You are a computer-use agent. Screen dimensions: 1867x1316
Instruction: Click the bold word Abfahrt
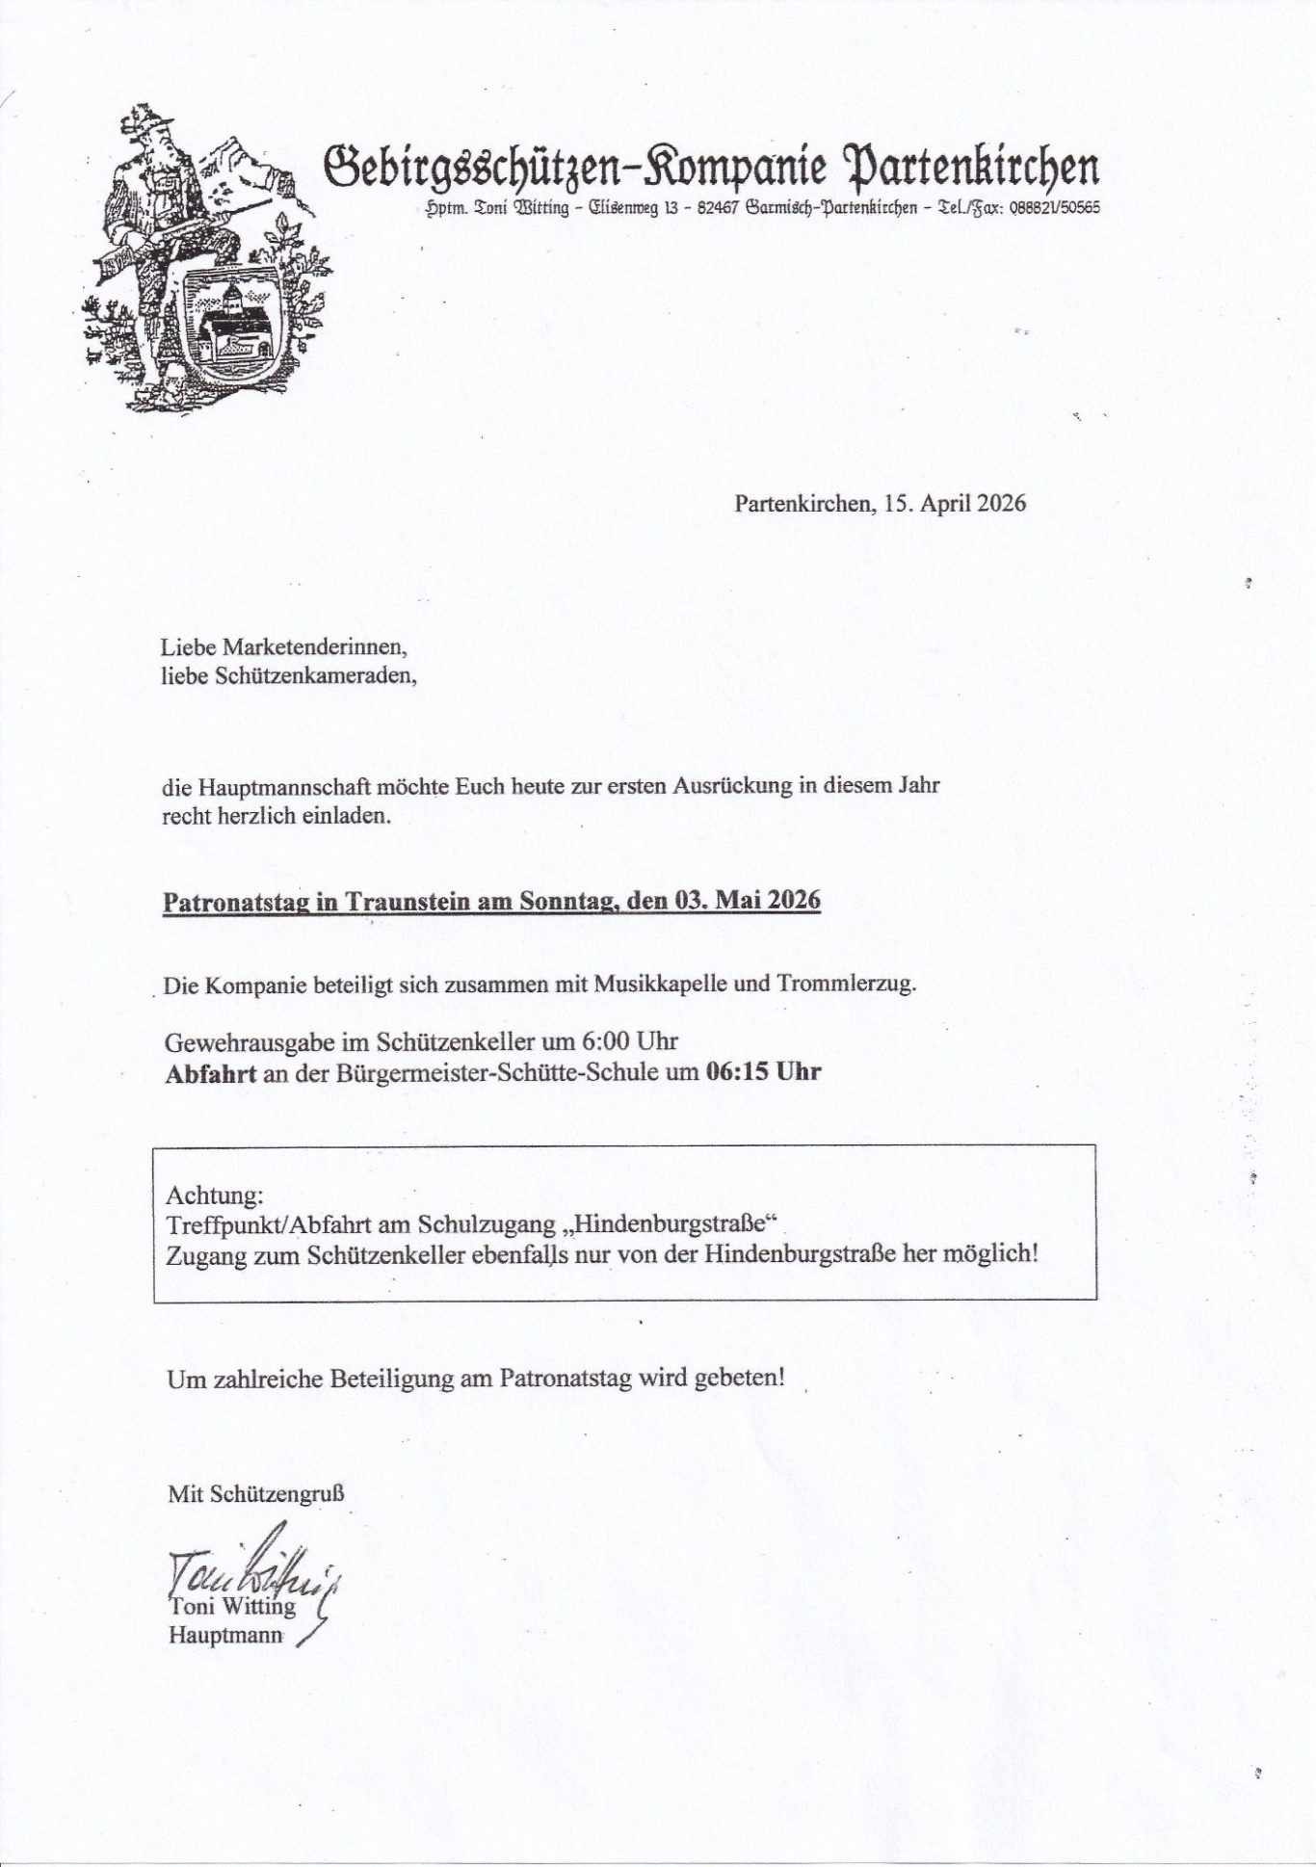tap(210, 1072)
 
